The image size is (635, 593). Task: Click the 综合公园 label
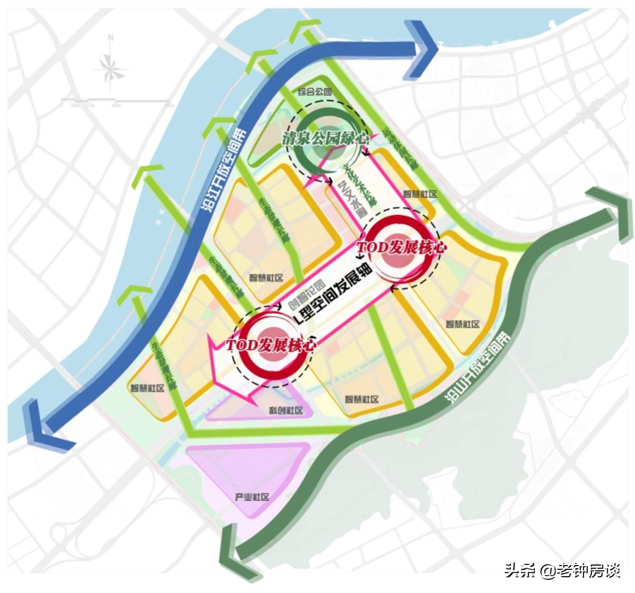[315, 92]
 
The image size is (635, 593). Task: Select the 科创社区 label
[286, 411]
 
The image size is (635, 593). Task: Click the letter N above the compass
[111, 38]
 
